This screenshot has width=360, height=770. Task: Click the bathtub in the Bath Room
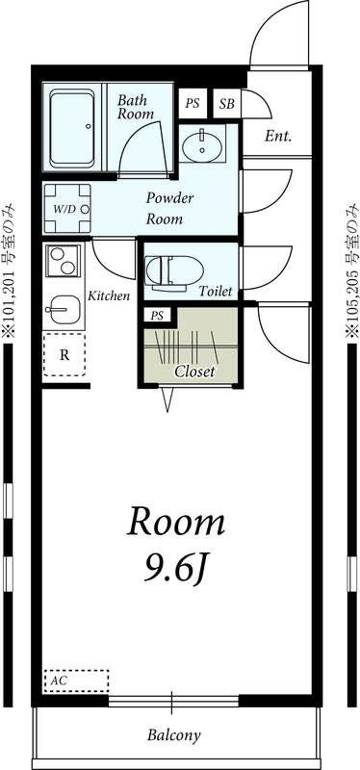click(x=72, y=127)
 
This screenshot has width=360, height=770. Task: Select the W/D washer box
click(x=67, y=209)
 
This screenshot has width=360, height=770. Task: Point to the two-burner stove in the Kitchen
click(x=63, y=261)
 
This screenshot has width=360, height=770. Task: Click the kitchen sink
click(x=63, y=309)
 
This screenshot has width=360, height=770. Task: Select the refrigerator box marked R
click(x=64, y=355)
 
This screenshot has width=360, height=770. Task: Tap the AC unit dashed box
click(x=76, y=681)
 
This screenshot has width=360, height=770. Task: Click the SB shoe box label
click(x=227, y=104)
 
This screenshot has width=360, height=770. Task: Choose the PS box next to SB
click(x=193, y=104)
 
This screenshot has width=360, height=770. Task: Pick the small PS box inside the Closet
click(x=157, y=317)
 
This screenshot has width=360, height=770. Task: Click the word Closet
click(x=195, y=372)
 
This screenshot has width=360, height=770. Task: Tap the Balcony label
click(x=174, y=735)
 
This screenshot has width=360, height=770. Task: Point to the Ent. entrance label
click(x=278, y=136)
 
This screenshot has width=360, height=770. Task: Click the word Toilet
click(x=215, y=292)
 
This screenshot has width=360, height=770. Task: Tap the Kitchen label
click(x=109, y=296)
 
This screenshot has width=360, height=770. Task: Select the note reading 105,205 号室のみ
click(x=351, y=270)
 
